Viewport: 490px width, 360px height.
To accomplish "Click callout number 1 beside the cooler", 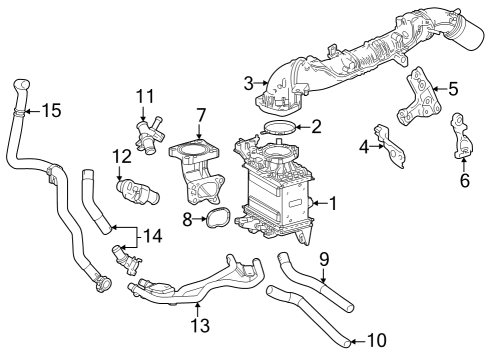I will tap(334, 202).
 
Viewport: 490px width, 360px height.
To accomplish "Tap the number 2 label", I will tap(316, 127).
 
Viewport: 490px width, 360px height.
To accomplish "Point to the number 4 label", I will tap(365, 146).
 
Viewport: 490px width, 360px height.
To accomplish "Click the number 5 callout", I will tap(452, 88).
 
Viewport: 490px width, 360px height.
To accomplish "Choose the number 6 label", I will tap(464, 180).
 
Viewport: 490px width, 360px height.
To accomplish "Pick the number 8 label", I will tap(187, 216).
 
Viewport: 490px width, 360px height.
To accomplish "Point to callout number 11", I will tap(144, 96).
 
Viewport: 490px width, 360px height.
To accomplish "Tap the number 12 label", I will tap(122, 156).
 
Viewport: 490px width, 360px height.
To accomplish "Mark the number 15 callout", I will tap(50, 109).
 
